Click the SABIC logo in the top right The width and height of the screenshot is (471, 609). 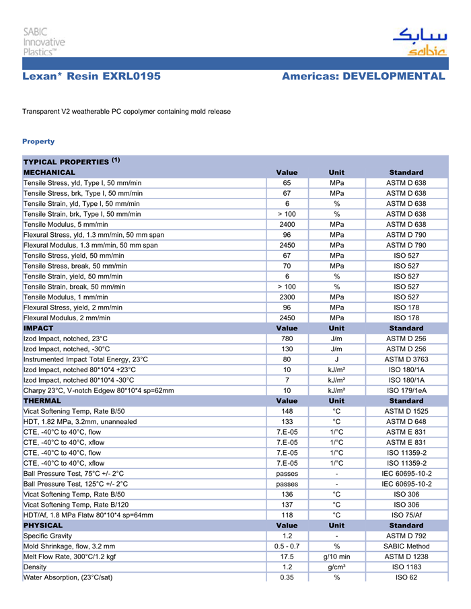click(x=419, y=42)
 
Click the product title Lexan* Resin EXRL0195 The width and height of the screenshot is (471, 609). click(x=92, y=77)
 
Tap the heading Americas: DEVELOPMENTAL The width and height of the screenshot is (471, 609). click(x=363, y=77)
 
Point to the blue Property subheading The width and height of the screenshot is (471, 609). click(x=38, y=141)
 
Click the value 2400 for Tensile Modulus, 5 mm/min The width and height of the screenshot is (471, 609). click(x=287, y=224)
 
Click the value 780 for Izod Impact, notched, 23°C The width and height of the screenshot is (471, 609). click(x=287, y=338)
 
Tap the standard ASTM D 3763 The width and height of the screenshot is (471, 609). click(x=406, y=359)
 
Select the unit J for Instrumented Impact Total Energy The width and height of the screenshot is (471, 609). click(x=336, y=359)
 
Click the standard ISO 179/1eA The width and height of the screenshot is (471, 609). click(x=406, y=390)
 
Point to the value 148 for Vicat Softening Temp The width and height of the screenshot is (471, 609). click(x=287, y=411)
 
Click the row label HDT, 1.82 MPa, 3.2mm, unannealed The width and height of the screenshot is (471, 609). click(x=80, y=421)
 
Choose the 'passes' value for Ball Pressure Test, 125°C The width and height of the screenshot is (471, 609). click(x=287, y=484)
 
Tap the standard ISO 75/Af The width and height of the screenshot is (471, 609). click(x=406, y=515)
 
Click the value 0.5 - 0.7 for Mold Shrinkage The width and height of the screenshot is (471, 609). click(x=287, y=546)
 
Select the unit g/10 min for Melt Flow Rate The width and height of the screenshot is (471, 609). click(x=336, y=557)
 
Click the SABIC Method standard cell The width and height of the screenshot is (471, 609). click(x=406, y=546)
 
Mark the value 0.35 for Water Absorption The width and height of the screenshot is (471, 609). click(x=287, y=577)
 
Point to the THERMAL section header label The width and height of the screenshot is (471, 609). click(x=42, y=400)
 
